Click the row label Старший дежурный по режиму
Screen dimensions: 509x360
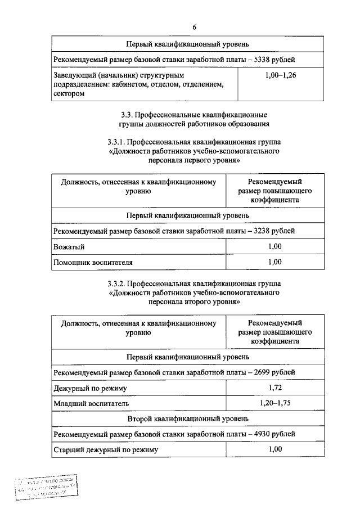(x=106, y=450)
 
